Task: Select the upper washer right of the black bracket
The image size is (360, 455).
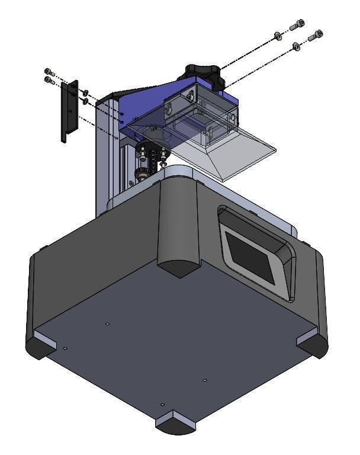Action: (x=86, y=92)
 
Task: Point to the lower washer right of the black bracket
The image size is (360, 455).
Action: (x=86, y=101)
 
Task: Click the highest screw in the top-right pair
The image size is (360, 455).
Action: (x=297, y=26)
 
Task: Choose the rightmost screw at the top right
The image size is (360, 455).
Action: (x=316, y=35)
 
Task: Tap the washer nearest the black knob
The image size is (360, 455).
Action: (x=277, y=37)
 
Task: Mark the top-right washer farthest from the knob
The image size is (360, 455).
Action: (x=296, y=46)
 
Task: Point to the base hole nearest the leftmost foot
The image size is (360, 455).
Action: (x=65, y=348)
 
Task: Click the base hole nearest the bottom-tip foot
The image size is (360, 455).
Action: (x=163, y=404)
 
